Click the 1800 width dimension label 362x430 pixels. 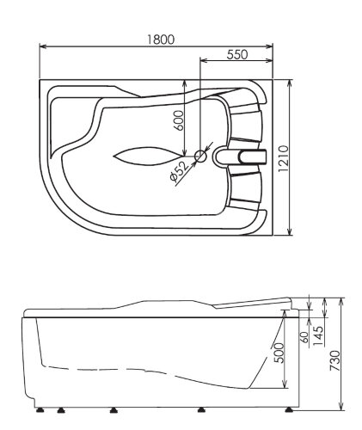[x=161, y=40]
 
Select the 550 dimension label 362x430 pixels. [x=237, y=54]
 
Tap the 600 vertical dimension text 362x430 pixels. [x=179, y=120]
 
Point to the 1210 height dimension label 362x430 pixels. [x=283, y=158]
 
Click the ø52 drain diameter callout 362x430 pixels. [x=180, y=171]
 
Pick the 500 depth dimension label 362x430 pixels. [x=279, y=353]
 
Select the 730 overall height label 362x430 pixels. [x=334, y=360]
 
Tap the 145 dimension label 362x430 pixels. [x=318, y=336]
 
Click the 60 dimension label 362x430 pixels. [x=305, y=337]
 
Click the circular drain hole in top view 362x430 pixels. [x=200, y=157]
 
